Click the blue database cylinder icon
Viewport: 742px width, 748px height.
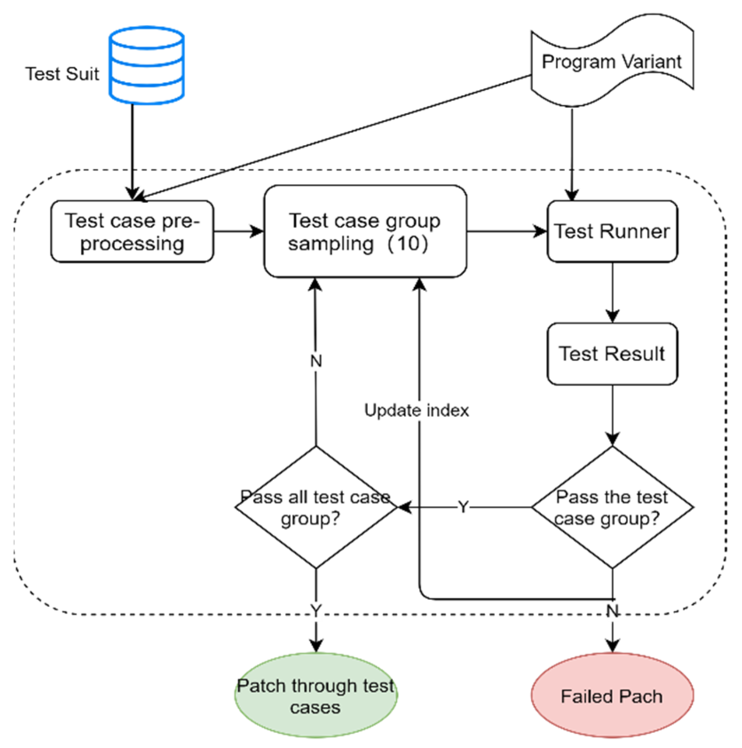tap(146, 65)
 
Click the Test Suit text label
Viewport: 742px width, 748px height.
tap(62, 74)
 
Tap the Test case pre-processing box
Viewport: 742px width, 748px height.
tap(132, 232)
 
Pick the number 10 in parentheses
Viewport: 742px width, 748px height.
tap(409, 244)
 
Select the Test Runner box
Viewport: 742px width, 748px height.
tap(612, 232)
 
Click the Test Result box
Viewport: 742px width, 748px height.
tap(612, 354)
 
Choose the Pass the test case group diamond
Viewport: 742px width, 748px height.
tap(612, 507)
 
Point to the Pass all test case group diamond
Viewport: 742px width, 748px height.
tap(316, 507)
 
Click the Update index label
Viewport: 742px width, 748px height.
tap(416, 410)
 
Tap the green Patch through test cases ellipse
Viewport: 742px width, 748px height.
tap(316, 695)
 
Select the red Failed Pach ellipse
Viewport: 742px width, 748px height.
tap(612, 695)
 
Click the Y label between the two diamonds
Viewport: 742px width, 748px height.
tap(463, 507)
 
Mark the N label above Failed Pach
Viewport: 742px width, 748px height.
tap(612, 611)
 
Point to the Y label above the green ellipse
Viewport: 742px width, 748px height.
tap(316, 610)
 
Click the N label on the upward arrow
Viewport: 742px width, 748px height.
tap(316, 361)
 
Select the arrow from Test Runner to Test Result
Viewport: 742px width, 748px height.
tap(612, 293)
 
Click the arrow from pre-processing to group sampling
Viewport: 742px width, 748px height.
tap(239, 231)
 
